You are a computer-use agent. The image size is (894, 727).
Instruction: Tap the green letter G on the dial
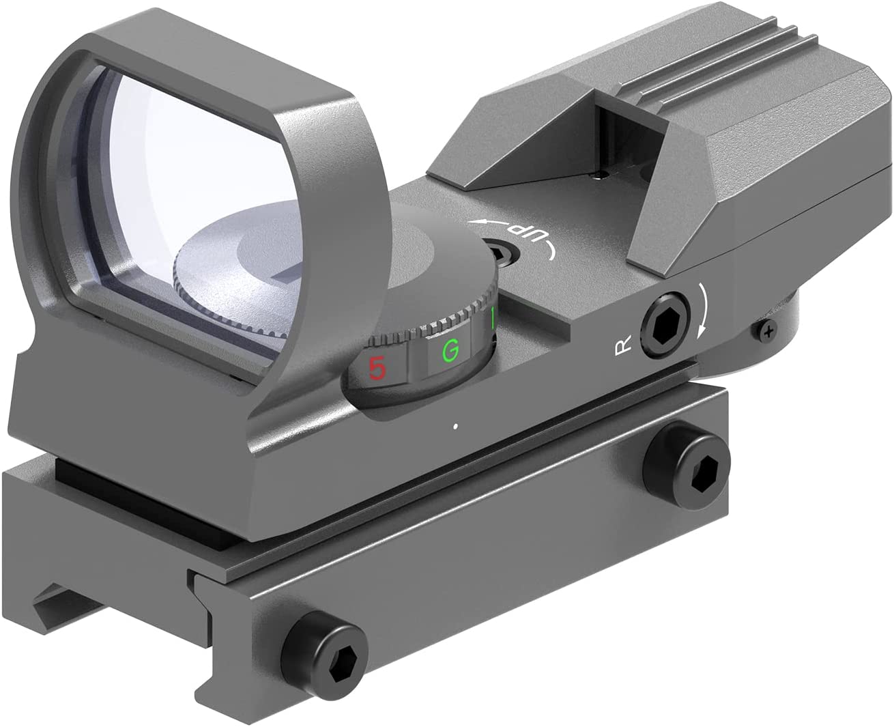[x=449, y=352]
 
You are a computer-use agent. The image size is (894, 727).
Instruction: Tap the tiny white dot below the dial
[x=455, y=427]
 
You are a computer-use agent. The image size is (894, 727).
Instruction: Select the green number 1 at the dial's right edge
[x=492, y=319]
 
